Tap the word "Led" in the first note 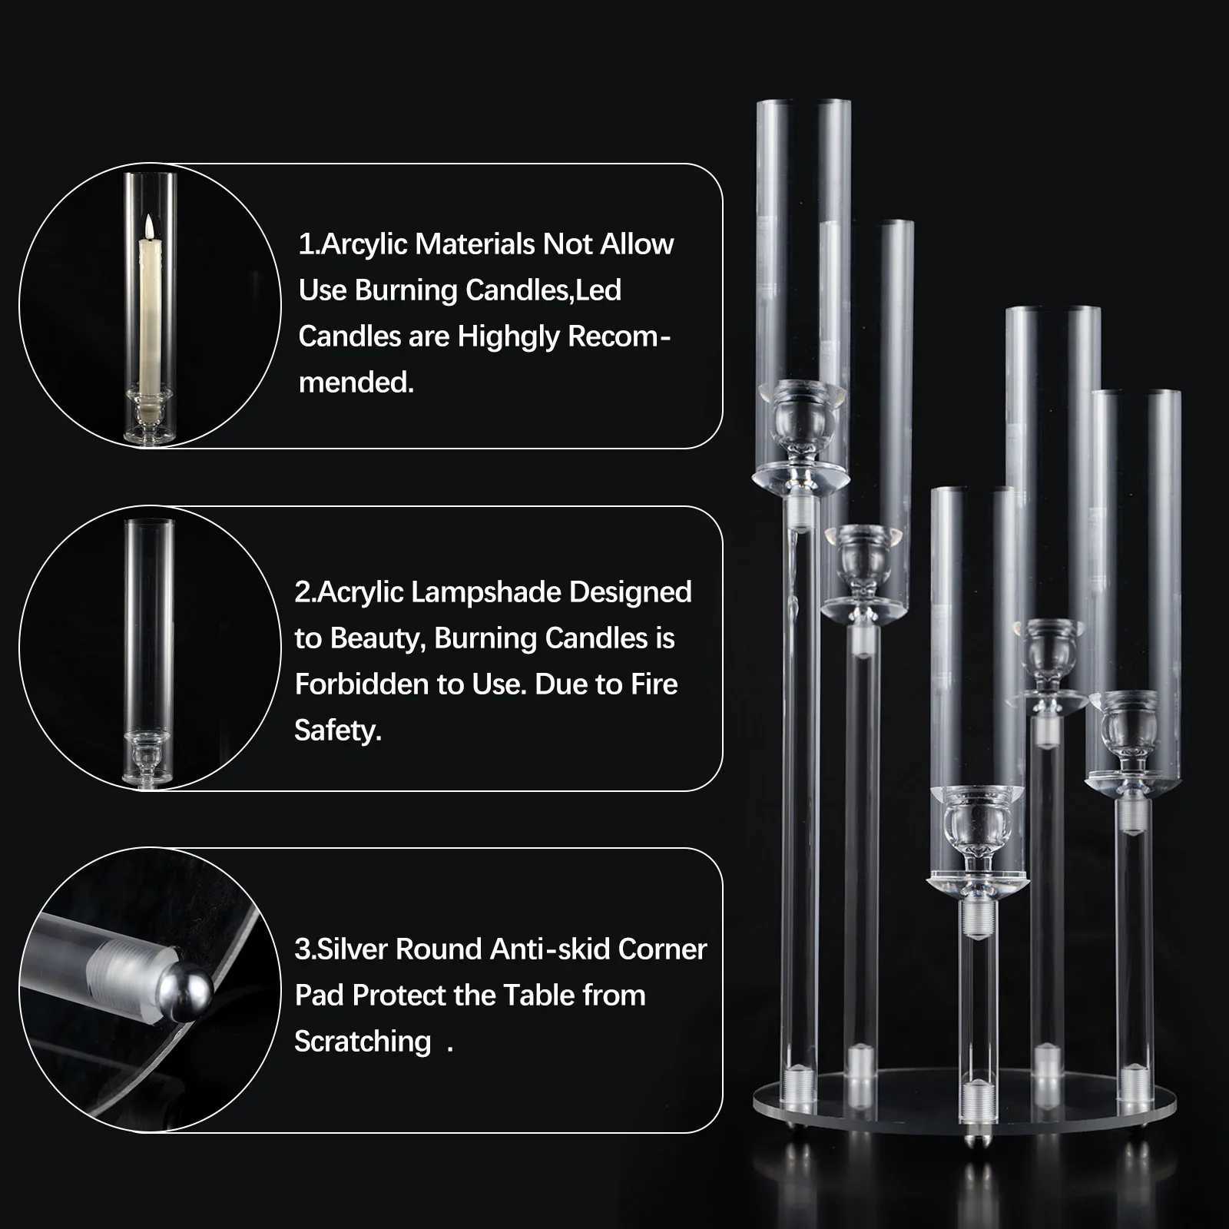tap(598, 290)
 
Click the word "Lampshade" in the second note tap(488, 592)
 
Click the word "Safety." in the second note tap(337, 730)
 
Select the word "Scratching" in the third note tap(363, 1042)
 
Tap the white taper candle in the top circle tap(149, 315)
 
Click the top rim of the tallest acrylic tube tap(803, 102)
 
